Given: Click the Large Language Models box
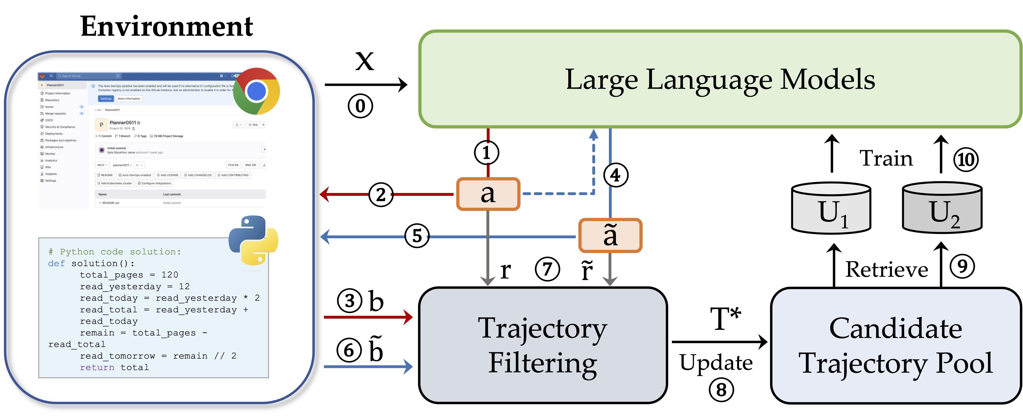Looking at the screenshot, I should point(720,79).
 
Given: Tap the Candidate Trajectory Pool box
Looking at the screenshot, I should point(896,345).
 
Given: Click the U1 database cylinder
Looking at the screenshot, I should point(831,208).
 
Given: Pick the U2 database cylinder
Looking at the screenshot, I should point(942,208).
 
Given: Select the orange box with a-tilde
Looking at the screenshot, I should point(610,235).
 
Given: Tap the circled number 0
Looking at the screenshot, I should point(360,106).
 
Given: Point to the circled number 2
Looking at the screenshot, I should point(381,195).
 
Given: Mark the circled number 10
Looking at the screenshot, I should point(966,160).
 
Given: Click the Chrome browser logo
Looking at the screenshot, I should point(257,91).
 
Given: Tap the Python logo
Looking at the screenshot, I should point(253,240).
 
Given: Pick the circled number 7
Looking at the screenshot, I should point(547,269).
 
